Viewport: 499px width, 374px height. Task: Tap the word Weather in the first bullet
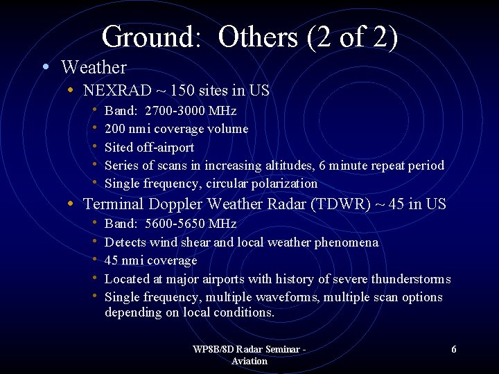pyautogui.click(x=94, y=68)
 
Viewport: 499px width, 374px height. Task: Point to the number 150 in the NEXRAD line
pyautogui.click(x=170, y=91)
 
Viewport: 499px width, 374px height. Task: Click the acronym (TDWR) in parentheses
pyautogui.click(x=341, y=204)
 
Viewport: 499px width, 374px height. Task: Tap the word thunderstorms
pyautogui.click(x=410, y=279)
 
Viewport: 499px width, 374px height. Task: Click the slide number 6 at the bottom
pyautogui.click(x=454, y=350)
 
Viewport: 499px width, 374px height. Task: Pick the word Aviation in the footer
pyautogui.click(x=249, y=361)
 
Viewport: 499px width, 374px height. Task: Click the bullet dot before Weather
pyautogui.click(x=45, y=68)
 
